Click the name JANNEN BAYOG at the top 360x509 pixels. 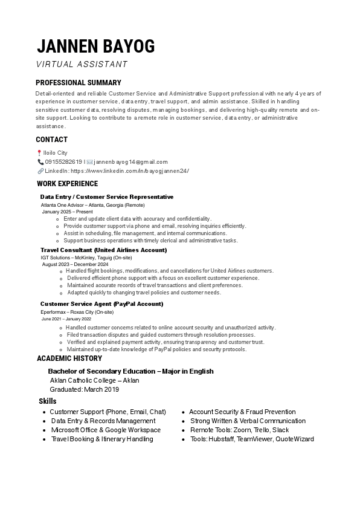[x=95, y=46]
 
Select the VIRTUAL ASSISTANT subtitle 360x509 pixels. [x=82, y=64]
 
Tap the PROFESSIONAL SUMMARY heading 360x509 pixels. [x=78, y=83]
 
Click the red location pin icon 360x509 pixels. [x=39, y=153]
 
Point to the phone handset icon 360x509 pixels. [x=40, y=162]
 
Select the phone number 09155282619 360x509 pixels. [x=63, y=162]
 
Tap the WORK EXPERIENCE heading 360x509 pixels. [x=67, y=184]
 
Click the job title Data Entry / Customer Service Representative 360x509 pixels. [x=106, y=197]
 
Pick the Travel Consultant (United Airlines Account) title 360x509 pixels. [x=103, y=250]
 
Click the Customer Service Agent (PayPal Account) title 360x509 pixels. [x=101, y=303]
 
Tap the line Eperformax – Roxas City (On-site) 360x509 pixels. [x=77, y=312]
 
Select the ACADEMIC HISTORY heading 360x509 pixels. [x=69, y=358]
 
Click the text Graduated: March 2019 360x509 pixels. [x=84, y=389]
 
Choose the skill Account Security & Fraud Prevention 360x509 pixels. [x=242, y=412]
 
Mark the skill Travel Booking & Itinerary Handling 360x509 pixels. [x=101, y=439]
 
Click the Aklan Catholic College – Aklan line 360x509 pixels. [x=94, y=380]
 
